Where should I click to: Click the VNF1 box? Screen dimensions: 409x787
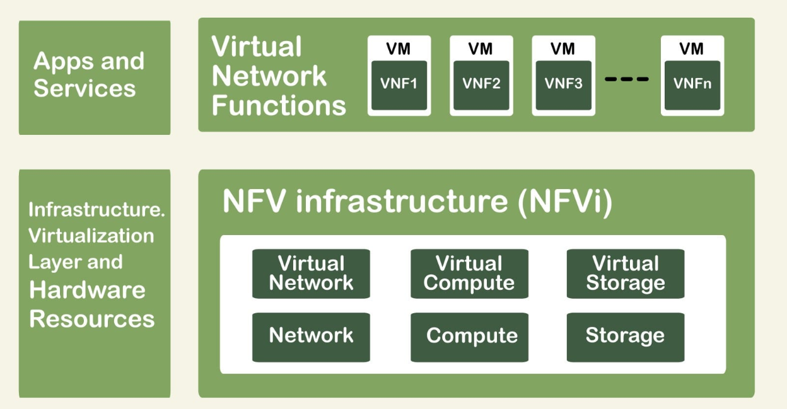click(x=399, y=84)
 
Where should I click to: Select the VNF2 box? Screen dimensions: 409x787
click(x=481, y=84)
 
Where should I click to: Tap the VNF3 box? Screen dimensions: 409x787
click(x=563, y=84)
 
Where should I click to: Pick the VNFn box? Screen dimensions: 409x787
click(x=692, y=84)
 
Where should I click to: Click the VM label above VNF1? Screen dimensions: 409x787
click(x=399, y=49)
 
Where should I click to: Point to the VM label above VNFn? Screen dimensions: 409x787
click(x=692, y=49)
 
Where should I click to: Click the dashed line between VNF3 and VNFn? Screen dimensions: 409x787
click(x=626, y=79)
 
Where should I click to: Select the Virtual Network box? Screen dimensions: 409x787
click(x=311, y=274)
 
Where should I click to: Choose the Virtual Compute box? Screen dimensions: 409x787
click(x=469, y=274)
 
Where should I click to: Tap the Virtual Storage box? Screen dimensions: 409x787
click(x=625, y=274)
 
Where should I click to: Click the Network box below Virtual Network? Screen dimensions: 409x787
click(x=311, y=336)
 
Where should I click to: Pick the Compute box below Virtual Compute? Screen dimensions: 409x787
click(x=469, y=336)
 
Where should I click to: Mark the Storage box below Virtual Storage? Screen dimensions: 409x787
click(x=625, y=336)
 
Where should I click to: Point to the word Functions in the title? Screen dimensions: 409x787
click(x=279, y=105)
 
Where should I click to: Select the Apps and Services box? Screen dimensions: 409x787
click(x=94, y=77)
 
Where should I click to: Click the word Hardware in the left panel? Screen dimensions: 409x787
click(x=87, y=291)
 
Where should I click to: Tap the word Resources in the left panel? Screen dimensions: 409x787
click(x=92, y=319)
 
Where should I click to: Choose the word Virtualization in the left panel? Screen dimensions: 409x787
click(x=91, y=236)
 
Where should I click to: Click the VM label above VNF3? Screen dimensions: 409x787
click(x=563, y=49)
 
